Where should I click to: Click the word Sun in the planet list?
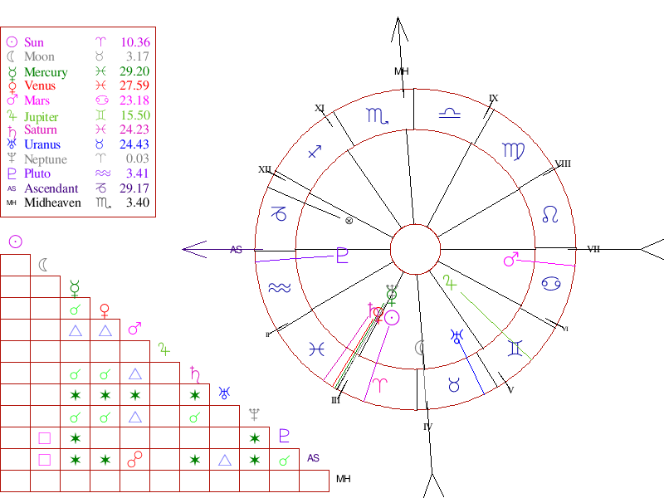34,42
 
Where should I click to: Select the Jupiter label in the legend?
41,116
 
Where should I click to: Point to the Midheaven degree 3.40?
137,203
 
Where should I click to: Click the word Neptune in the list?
46,159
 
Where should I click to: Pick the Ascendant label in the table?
51,188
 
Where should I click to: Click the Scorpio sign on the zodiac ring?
378,115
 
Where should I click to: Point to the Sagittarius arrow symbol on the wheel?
315,152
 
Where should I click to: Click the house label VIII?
563,164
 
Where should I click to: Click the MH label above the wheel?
402,71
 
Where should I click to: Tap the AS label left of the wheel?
237,249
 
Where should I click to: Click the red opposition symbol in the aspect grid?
134,458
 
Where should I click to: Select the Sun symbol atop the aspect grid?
15,242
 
